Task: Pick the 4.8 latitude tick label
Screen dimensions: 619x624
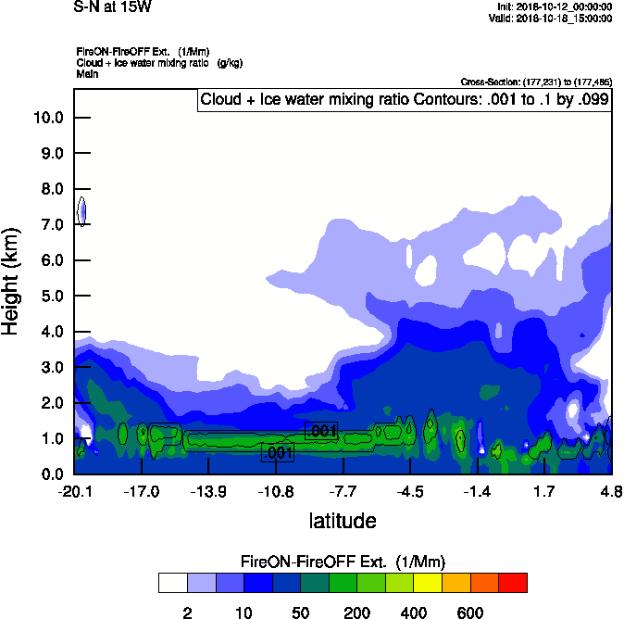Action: click(611, 490)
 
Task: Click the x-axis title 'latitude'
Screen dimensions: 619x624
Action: click(342, 521)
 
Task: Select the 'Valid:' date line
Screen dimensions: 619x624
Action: click(550, 18)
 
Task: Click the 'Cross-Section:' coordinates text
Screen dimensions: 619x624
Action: click(535, 82)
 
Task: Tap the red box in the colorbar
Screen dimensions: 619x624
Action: click(514, 583)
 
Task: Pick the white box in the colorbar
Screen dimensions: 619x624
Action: click(172, 583)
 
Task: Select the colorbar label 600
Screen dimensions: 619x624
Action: click(470, 613)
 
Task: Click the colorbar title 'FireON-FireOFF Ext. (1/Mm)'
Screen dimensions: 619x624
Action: click(343, 562)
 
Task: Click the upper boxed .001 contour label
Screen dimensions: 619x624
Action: click(321, 431)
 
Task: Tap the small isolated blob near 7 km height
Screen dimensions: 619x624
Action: click(81, 211)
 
